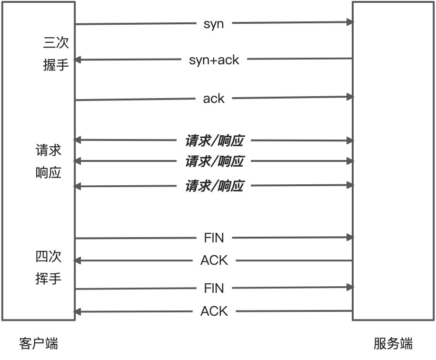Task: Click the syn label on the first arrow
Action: pyautogui.click(x=214, y=24)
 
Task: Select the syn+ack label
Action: pyautogui.click(x=214, y=60)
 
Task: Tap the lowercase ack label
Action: pyautogui.click(x=214, y=99)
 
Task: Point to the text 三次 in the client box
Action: pyautogui.click(x=56, y=43)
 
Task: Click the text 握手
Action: pyautogui.click(x=56, y=64)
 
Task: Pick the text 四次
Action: pyautogui.click(x=49, y=258)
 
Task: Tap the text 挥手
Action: pyautogui.click(x=49, y=279)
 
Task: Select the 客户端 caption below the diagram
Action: pyautogui.click(x=39, y=343)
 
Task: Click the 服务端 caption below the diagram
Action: pyautogui.click(x=393, y=343)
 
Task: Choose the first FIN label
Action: pyautogui.click(x=214, y=238)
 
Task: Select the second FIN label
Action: pyautogui.click(x=214, y=288)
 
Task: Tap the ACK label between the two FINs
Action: pyautogui.click(x=214, y=260)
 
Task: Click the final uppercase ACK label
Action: pyautogui.click(x=214, y=311)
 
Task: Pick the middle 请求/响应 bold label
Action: pyautogui.click(x=214, y=161)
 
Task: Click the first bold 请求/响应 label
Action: pyautogui.click(x=214, y=140)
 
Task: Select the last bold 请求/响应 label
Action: pyautogui.click(x=214, y=186)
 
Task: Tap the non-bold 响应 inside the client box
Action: pyautogui.click(x=49, y=172)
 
